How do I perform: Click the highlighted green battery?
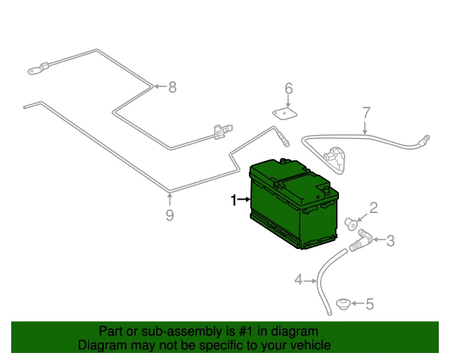(x=294, y=204)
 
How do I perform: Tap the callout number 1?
(x=234, y=200)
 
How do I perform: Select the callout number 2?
(x=373, y=208)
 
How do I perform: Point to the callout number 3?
(x=390, y=240)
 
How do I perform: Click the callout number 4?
(x=298, y=280)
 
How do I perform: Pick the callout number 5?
(x=370, y=304)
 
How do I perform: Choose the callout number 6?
(x=289, y=89)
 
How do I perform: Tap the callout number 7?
(x=366, y=112)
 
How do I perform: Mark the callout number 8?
(x=172, y=87)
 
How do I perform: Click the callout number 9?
(x=170, y=215)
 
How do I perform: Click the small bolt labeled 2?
(x=351, y=224)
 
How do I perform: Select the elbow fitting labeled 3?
(x=361, y=240)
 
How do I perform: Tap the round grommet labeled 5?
(x=343, y=304)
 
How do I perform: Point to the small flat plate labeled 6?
(x=284, y=114)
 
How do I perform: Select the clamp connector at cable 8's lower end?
(x=223, y=131)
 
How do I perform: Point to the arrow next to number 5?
(x=358, y=304)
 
